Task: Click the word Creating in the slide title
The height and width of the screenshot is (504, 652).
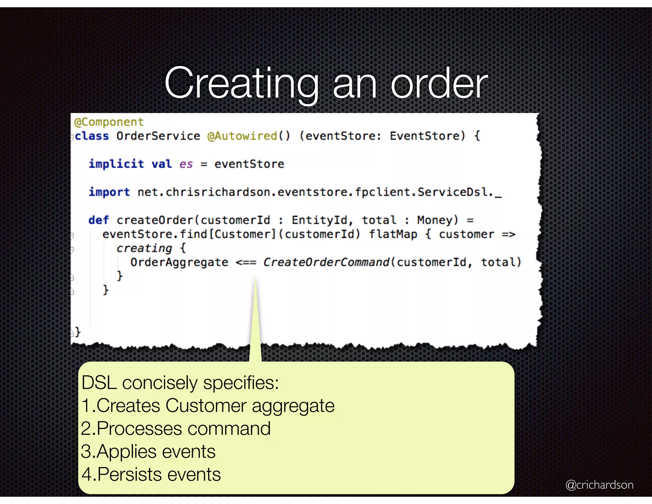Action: click(x=241, y=83)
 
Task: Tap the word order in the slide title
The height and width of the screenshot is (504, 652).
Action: click(x=439, y=83)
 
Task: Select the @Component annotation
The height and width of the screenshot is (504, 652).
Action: click(x=109, y=122)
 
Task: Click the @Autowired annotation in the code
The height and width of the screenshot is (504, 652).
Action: click(x=242, y=136)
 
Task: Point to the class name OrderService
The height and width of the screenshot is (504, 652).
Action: click(x=158, y=136)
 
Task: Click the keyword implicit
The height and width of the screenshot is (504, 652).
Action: click(x=116, y=164)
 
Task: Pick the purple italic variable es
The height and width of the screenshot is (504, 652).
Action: click(x=186, y=164)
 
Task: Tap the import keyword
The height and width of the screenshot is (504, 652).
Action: click(x=109, y=192)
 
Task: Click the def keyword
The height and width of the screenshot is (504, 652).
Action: click(x=98, y=220)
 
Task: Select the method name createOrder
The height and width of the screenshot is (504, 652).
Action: click(x=155, y=220)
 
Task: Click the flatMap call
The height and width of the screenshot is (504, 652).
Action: click(x=393, y=234)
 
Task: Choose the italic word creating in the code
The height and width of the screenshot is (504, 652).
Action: click(x=144, y=248)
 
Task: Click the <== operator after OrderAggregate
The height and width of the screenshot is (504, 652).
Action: click(x=246, y=263)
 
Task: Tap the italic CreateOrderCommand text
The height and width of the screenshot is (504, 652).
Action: click(x=326, y=262)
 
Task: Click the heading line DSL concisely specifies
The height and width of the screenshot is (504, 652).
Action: click(x=180, y=383)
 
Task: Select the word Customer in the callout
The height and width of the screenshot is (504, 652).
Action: click(x=206, y=406)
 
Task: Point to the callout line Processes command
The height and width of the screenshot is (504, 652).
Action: click(x=176, y=428)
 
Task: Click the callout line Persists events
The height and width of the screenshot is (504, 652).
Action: click(x=151, y=474)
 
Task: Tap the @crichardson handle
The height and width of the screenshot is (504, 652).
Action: click(x=599, y=485)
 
